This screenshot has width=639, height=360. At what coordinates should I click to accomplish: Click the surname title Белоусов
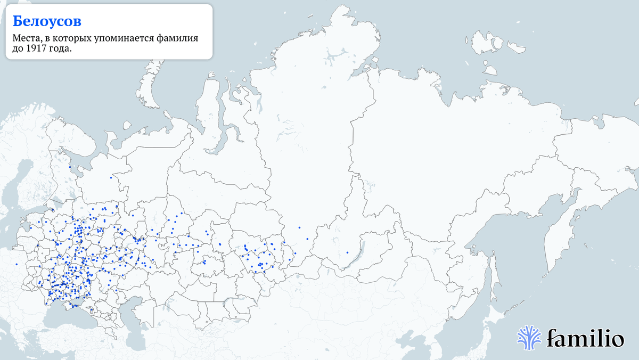tap(47, 21)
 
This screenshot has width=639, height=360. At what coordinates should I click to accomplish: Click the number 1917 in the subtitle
tap(35, 48)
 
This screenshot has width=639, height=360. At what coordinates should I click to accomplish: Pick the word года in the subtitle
tap(59, 48)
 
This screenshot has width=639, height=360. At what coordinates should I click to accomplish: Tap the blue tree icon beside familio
tap(529, 337)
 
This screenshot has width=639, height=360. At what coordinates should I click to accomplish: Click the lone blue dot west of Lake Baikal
tap(347, 252)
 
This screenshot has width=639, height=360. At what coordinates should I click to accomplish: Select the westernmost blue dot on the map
tap(17, 264)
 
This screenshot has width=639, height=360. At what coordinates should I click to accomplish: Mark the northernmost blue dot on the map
tap(69, 167)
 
